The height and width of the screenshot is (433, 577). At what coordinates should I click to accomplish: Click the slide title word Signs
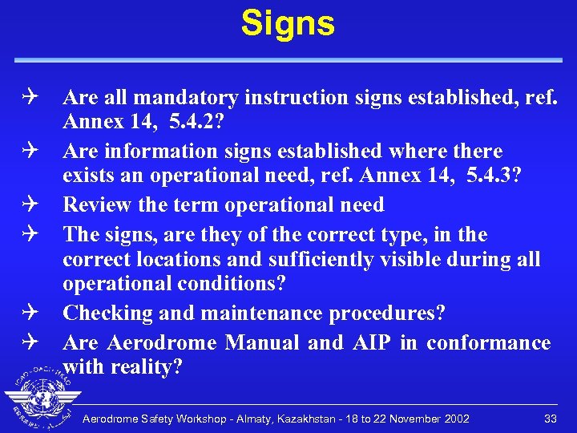coord(288,23)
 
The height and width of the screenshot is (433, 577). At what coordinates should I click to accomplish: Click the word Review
coord(98,204)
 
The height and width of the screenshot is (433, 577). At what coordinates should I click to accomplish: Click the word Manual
coord(263,343)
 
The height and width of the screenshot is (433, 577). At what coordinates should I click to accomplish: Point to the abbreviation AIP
coord(371,343)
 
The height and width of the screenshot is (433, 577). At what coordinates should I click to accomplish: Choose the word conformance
coord(488,343)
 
